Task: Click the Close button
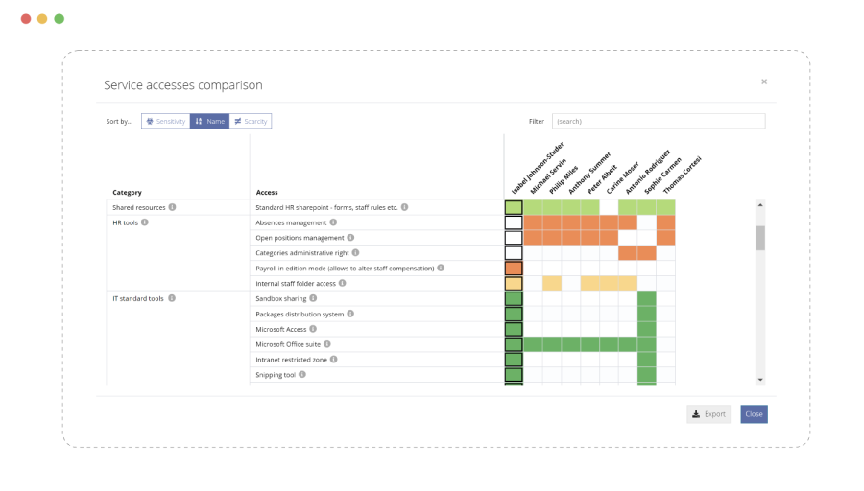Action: [x=754, y=414]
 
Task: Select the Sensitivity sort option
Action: [x=166, y=122]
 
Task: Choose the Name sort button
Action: [x=209, y=122]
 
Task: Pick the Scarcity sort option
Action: [x=251, y=122]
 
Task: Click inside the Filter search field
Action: [x=658, y=122]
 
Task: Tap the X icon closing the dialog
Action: [x=764, y=82]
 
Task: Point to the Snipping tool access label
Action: [x=276, y=375]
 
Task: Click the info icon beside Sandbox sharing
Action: [x=317, y=298]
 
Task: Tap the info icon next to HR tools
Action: [x=145, y=222]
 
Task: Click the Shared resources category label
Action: [x=139, y=207]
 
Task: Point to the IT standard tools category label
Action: [x=138, y=298]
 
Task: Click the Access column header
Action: [x=267, y=193]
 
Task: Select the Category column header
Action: [x=127, y=193]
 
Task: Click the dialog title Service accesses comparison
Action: [x=183, y=85]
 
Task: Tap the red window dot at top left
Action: [x=26, y=19]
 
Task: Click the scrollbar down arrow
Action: [x=760, y=380]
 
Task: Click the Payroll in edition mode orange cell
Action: [x=514, y=269]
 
